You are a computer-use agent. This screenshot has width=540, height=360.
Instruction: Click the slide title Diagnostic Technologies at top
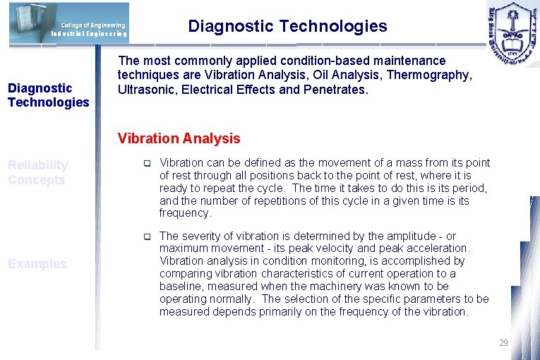point(287,26)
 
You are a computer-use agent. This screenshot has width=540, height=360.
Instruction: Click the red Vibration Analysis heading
point(179,138)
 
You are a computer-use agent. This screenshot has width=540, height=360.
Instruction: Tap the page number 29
point(503,343)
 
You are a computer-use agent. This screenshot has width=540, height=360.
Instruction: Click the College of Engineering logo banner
point(69,23)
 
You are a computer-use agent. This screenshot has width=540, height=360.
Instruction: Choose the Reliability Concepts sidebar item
point(38,172)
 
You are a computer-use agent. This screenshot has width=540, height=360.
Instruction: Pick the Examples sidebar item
point(37,264)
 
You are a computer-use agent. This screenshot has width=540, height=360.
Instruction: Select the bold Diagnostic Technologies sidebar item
point(48,95)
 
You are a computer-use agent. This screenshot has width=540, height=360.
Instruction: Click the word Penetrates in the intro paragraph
point(336,90)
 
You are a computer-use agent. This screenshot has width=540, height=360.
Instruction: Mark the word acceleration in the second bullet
point(438,248)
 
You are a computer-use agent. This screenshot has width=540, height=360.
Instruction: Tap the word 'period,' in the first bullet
point(470,188)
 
